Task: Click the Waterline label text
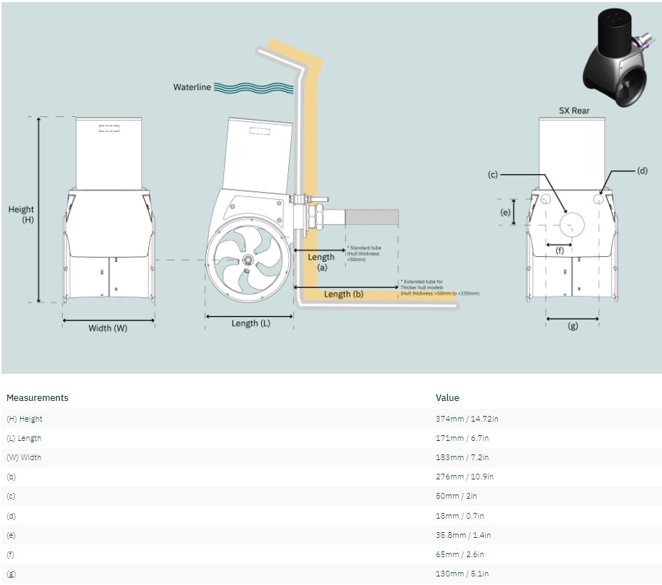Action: (x=192, y=87)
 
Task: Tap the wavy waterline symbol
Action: (x=253, y=88)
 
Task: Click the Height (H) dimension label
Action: (x=21, y=215)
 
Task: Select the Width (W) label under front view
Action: (x=108, y=328)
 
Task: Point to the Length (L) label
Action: (x=250, y=323)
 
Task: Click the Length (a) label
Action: (x=321, y=262)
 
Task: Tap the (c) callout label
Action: (x=492, y=174)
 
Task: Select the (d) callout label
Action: (x=642, y=171)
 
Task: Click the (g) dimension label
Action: (x=572, y=326)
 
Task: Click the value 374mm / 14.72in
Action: (x=467, y=419)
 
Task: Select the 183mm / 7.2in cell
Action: (x=462, y=457)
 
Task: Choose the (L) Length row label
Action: (x=24, y=438)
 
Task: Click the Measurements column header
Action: (x=37, y=397)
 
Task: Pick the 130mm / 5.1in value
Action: (x=462, y=574)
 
